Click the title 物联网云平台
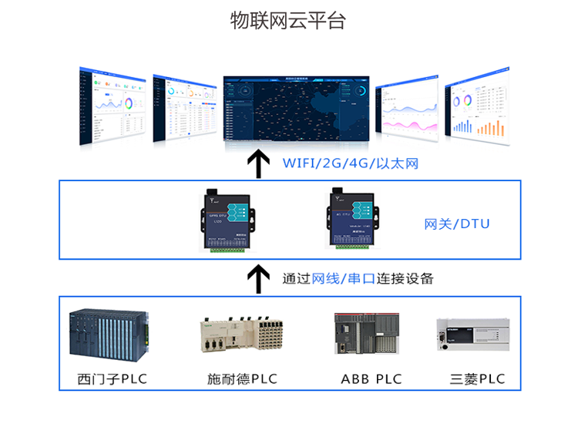point(288,21)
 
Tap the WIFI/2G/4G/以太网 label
point(350,163)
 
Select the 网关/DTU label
point(457,224)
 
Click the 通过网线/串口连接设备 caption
point(358,278)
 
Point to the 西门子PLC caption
point(112,379)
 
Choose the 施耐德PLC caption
point(242,379)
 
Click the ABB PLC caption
point(371,379)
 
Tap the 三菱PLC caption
point(477,379)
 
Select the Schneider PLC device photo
point(239,337)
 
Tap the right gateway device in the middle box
point(355,217)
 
